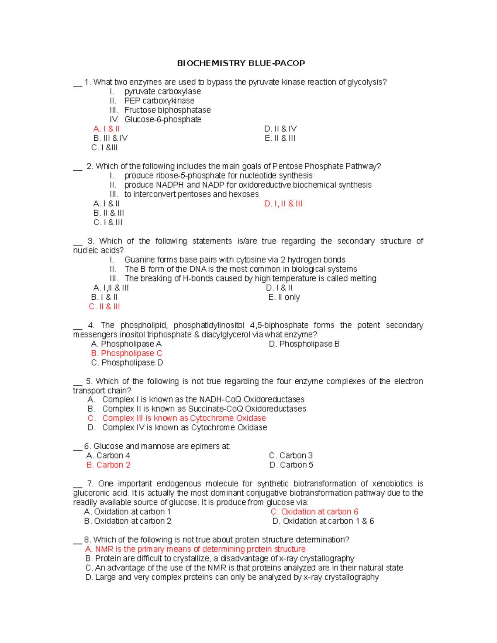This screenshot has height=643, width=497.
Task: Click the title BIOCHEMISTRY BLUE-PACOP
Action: coord(241,63)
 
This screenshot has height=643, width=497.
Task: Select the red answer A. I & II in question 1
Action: coord(106,129)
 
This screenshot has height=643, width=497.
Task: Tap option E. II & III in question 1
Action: coord(280,138)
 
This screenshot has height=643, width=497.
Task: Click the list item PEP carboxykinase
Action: coord(159,101)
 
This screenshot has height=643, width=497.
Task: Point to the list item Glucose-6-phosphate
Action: coord(163,119)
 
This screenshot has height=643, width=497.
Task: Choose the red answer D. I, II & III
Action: coord(283,204)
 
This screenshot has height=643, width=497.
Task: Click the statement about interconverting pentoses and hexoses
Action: coord(191,194)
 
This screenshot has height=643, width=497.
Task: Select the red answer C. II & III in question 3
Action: coord(104,306)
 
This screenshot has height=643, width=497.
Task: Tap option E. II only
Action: coord(284,297)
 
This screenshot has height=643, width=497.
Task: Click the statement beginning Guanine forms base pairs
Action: coord(234,260)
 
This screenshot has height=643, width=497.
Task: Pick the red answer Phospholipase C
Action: coord(127,353)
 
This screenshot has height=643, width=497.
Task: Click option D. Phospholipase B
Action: coord(304,344)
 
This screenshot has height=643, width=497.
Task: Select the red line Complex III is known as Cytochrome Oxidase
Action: coord(184,418)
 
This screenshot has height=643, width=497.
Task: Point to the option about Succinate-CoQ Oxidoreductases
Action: coord(204,409)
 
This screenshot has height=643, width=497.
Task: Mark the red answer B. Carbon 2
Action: coord(109,465)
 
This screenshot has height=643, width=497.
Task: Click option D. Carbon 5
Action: coord(291,465)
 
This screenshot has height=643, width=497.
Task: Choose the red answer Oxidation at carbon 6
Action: coord(314,512)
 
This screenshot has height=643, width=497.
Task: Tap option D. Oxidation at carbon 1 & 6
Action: coord(323,521)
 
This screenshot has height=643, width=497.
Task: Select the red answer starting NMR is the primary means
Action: coord(195,549)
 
